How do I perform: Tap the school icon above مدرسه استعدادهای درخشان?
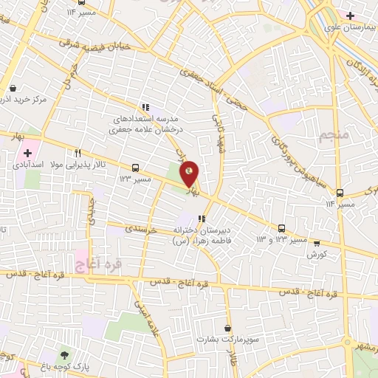point(146,106)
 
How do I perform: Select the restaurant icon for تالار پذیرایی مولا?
point(78,153)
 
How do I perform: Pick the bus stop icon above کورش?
point(317,242)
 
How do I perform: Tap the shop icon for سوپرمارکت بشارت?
point(227,328)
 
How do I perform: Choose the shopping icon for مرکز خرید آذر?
point(13,88)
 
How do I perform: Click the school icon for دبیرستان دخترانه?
point(201,218)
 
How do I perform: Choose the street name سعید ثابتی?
point(219,136)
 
